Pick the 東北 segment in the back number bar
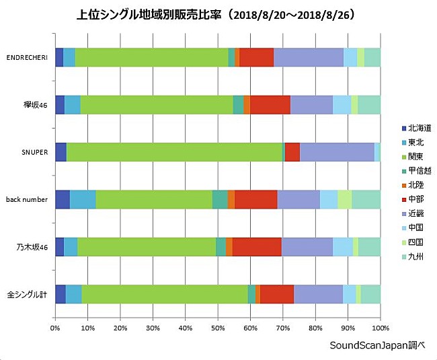[x=83, y=200]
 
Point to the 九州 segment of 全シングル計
[x=370, y=294]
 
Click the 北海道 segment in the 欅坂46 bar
[x=60, y=105]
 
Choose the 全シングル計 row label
[x=28, y=295]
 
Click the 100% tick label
[x=379, y=328]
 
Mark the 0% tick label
[x=55, y=328]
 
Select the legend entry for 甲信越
[x=415, y=170]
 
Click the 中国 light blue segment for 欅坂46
[x=342, y=105]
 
